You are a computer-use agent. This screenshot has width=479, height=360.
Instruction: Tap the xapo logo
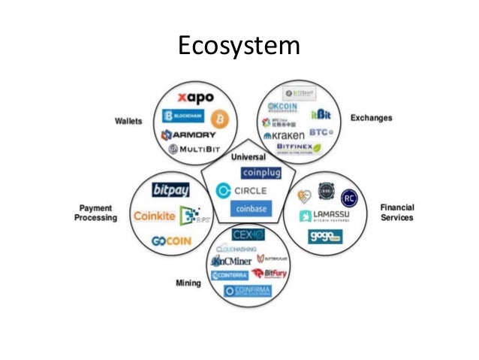click(195, 98)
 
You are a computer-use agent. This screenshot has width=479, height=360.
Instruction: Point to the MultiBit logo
click(195, 150)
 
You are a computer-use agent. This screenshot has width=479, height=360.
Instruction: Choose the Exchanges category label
click(372, 118)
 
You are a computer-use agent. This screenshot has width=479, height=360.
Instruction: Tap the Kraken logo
click(285, 135)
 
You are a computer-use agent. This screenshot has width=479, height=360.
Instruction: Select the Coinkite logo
click(154, 216)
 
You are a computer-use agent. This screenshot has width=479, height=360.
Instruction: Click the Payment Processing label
click(95, 213)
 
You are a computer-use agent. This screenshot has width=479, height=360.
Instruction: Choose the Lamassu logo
click(327, 216)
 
